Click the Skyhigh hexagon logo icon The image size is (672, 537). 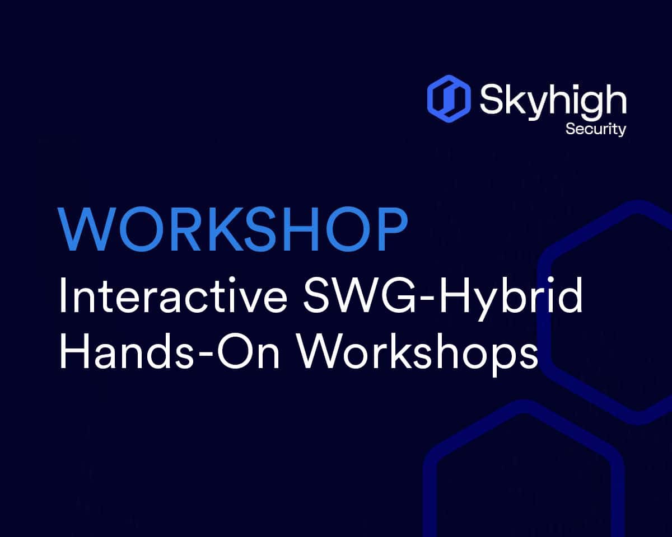click(x=449, y=98)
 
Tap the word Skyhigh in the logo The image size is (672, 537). click(x=553, y=101)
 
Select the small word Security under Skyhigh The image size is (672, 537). click(x=596, y=129)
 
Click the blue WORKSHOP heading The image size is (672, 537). click(x=232, y=229)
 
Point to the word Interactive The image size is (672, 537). click(x=173, y=295)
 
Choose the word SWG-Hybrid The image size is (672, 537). click(x=443, y=298)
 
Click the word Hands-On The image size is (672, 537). click(x=169, y=351)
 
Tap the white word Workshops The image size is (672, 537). click(x=418, y=354)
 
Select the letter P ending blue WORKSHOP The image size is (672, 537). click(x=392, y=229)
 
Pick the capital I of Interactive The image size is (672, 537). click(x=63, y=295)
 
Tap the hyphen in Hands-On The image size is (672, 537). click(x=206, y=355)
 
